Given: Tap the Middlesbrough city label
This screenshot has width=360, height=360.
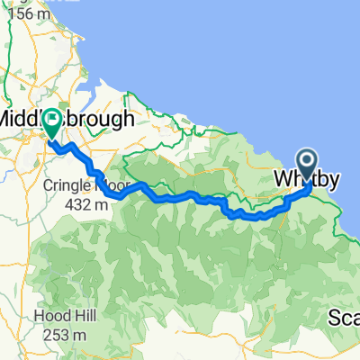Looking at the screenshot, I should [67, 119].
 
